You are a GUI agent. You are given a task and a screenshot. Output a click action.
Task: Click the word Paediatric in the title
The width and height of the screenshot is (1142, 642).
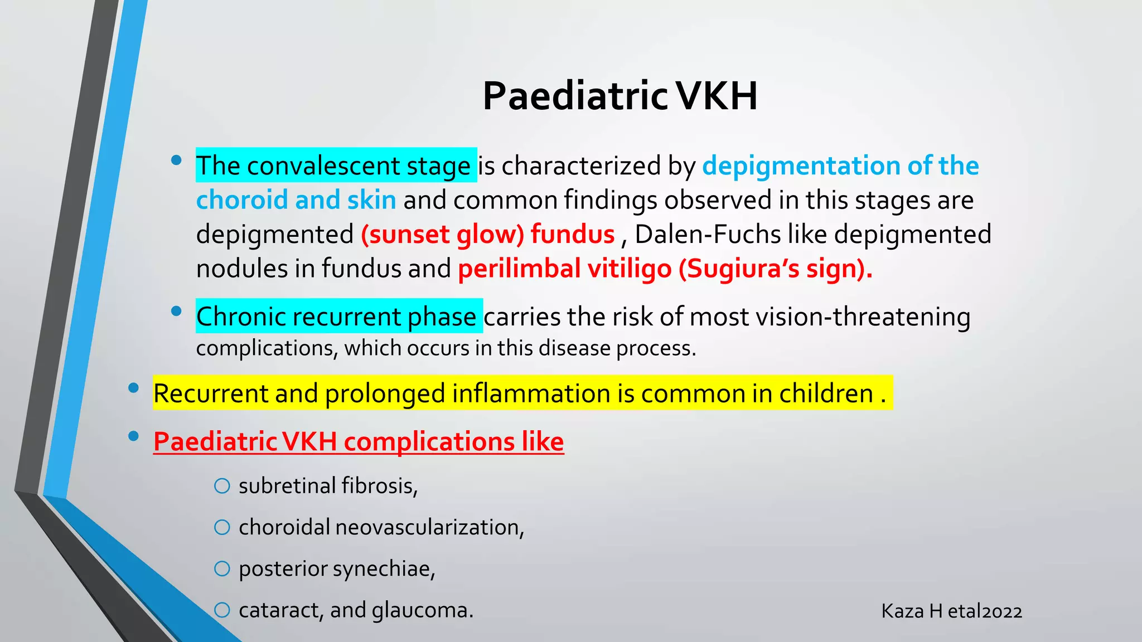(575, 96)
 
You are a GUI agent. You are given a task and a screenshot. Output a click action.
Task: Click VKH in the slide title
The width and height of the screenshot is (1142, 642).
(718, 96)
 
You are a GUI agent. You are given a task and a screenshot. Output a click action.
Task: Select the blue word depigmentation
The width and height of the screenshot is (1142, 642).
(801, 166)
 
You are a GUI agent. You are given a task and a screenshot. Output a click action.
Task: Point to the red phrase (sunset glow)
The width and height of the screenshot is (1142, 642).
(442, 234)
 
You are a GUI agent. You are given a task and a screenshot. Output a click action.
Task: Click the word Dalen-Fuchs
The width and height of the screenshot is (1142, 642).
(708, 234)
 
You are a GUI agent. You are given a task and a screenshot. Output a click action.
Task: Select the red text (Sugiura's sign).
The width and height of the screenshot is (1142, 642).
(775, 269)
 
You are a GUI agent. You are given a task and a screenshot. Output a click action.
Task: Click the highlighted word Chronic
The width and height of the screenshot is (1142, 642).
(240, 317)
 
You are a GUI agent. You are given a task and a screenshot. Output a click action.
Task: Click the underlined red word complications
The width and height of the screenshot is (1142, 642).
(429, 442)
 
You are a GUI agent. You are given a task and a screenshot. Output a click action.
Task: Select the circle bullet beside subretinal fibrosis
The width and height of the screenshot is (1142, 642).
(222, 486)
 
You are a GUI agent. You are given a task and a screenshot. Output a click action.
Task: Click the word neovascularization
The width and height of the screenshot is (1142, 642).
(429, 527)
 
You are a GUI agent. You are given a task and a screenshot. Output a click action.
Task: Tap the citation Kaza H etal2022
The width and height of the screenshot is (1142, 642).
(951, 611)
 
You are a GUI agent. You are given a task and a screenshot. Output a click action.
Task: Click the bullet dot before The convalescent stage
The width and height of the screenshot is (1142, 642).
(176, 160)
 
